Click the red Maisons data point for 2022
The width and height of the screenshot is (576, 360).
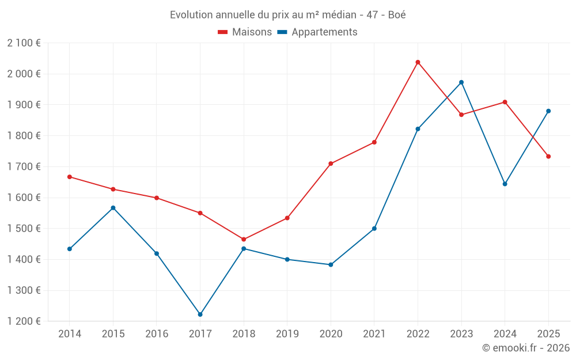click(418, 62)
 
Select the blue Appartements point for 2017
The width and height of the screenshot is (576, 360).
click(200, 314)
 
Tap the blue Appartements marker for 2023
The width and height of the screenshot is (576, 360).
click(461, 82)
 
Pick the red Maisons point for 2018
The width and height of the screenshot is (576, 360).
click(244, 239)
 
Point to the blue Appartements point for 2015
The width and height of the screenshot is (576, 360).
click(113, 208)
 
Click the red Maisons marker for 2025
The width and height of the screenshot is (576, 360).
click(548, 157)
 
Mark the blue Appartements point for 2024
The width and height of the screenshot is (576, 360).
click(505, 184)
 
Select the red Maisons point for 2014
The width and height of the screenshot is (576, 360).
click(70, 177)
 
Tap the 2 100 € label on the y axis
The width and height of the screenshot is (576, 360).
click(24, 43)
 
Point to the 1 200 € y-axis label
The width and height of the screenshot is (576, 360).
click(24, 321)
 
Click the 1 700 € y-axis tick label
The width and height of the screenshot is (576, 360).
click(24, 166)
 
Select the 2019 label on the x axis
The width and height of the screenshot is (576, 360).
click(287, 334)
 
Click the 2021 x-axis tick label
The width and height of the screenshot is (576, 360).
click(374, 334)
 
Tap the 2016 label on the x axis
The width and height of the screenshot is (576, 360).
click(157, 334)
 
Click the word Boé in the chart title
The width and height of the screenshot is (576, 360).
click(397, 15)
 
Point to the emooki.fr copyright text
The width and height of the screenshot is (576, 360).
click(526, 348)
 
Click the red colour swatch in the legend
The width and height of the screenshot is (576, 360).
click(223, 32)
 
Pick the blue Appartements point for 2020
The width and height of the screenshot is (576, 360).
click(331, 265)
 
